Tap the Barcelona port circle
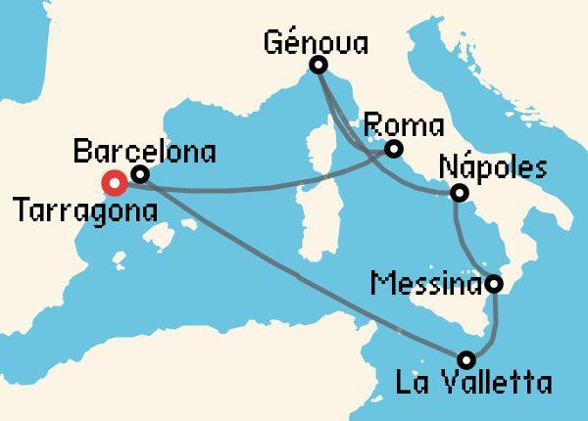coord(139,175)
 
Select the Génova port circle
coord(318,66)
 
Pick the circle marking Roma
coord(393,149)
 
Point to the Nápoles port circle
coord(458,194)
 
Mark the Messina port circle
coord(494,285)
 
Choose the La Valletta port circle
coord(466,358)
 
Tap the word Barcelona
coord(144,152)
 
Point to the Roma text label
coord(403,126)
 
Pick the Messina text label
coord(428,285)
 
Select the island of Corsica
coord(323,153)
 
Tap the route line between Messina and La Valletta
coord(494,328)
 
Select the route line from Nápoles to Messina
coord(466,245)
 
